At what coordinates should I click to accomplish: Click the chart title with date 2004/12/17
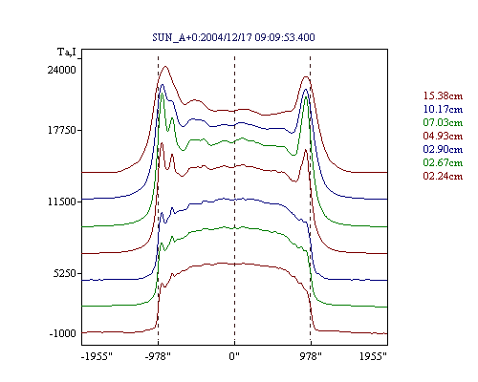233,37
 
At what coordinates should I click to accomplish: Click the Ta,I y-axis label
67,52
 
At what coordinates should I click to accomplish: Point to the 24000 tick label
62,70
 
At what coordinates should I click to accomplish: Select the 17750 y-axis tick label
62,130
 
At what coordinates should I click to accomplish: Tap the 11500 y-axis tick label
62,202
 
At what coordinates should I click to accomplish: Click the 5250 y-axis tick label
65,273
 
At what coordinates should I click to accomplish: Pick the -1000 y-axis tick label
63,333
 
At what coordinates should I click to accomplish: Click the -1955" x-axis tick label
97,356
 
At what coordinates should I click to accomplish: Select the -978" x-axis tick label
158,356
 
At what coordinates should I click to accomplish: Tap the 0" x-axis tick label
234,356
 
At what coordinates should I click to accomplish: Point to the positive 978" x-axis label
311,356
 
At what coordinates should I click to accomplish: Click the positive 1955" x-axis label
373,356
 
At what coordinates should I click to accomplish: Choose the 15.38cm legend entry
443,95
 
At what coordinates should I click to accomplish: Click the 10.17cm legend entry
443,109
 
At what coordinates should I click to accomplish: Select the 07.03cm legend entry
443,122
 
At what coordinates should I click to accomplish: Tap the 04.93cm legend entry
443,136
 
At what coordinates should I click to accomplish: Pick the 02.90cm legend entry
443,149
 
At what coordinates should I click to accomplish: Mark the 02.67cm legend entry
443,162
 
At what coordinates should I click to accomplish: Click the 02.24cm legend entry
443,176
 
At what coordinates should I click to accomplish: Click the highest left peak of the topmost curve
165,66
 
